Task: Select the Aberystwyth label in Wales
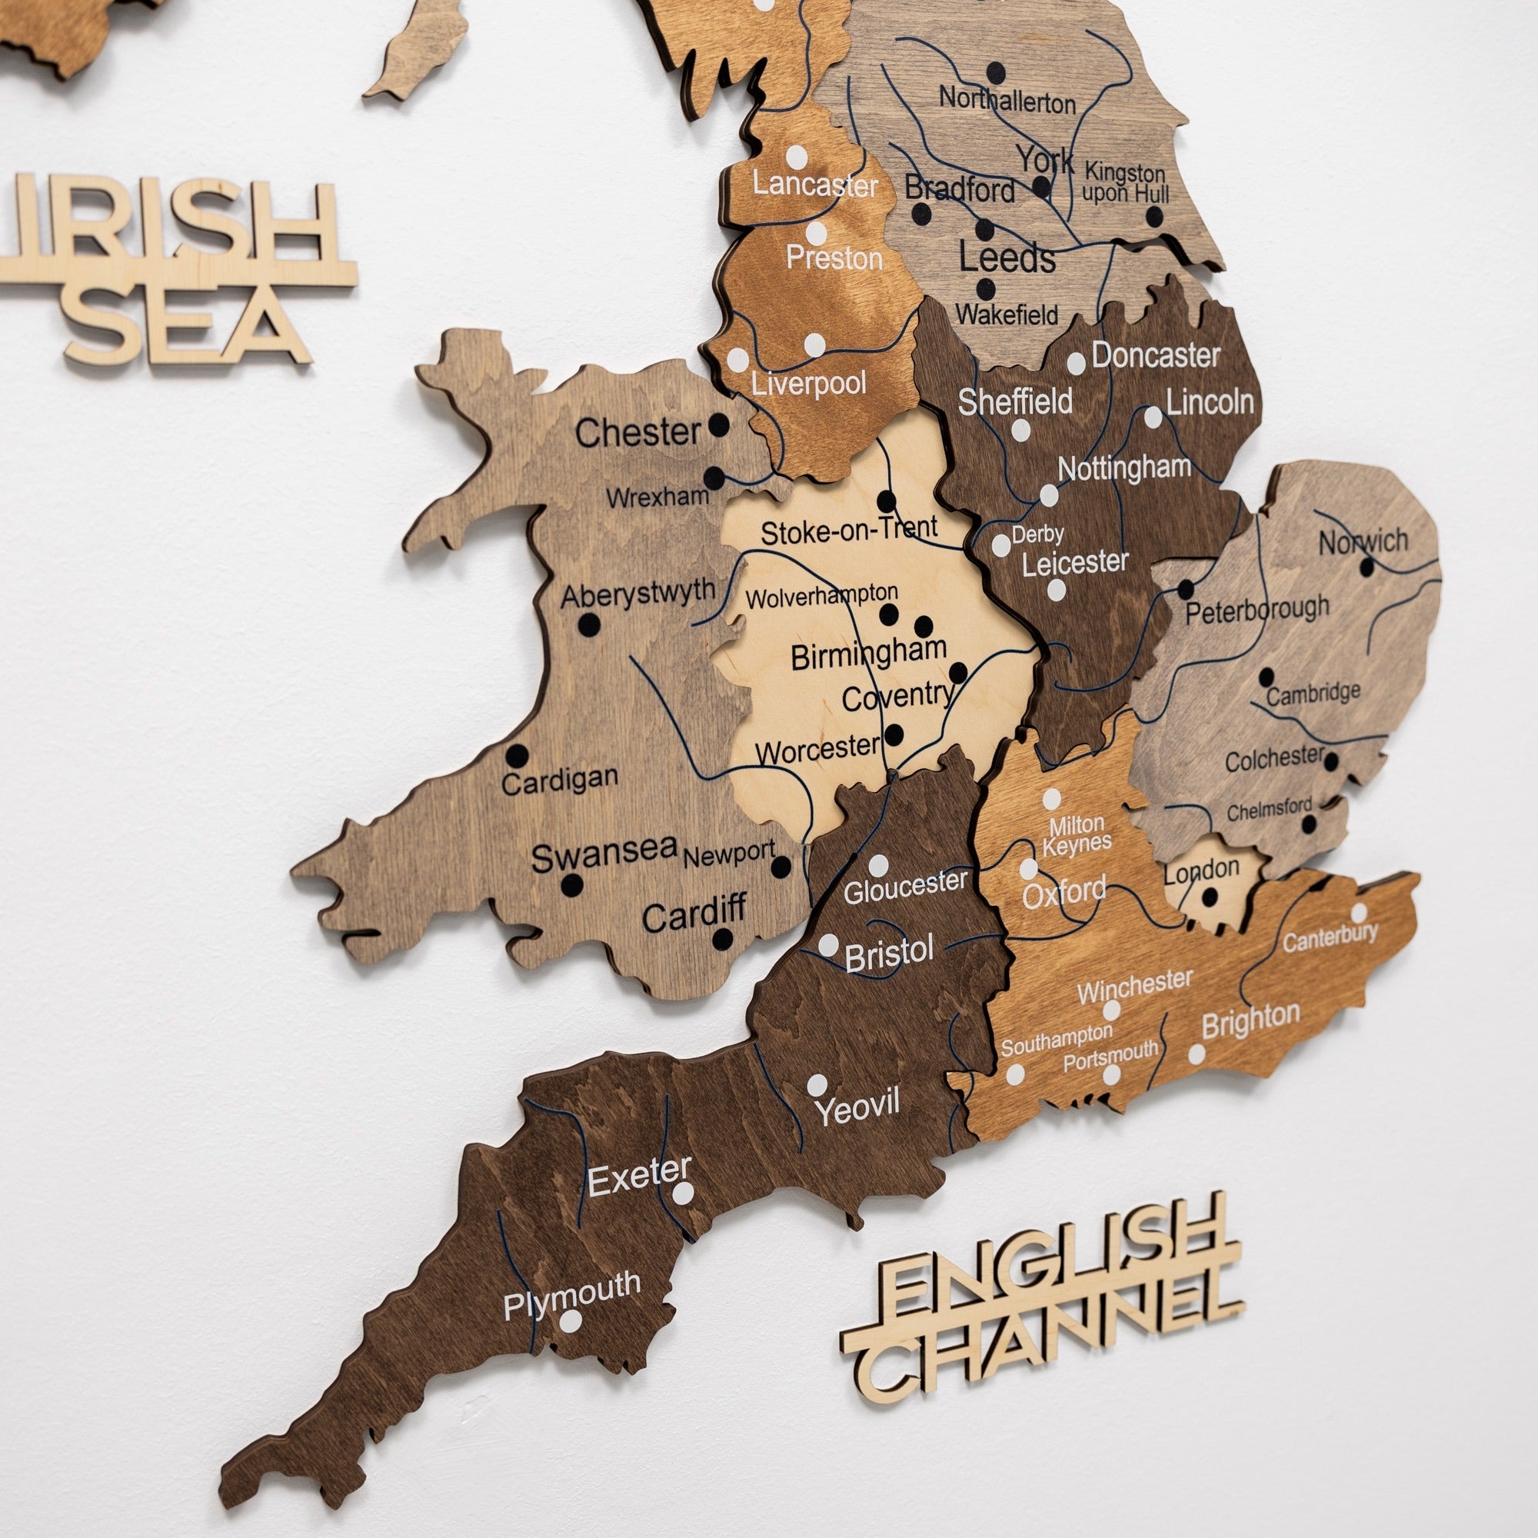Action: (638, 593)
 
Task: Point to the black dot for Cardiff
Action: (722, 940)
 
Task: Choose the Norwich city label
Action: (1363, 542)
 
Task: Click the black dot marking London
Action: (1210, 897)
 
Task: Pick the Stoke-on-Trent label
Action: (849, 530)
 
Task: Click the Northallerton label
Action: (1007, 101)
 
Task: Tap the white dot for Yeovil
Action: (817, 1084)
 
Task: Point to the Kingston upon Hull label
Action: (1125, 183)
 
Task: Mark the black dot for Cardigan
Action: (518, 754)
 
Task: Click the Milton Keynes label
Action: (1077, 834)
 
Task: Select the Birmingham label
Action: (867, 654)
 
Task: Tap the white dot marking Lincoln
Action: (1153, 417)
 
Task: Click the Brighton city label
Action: (1250, 1020)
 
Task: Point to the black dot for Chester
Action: (719, 424)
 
